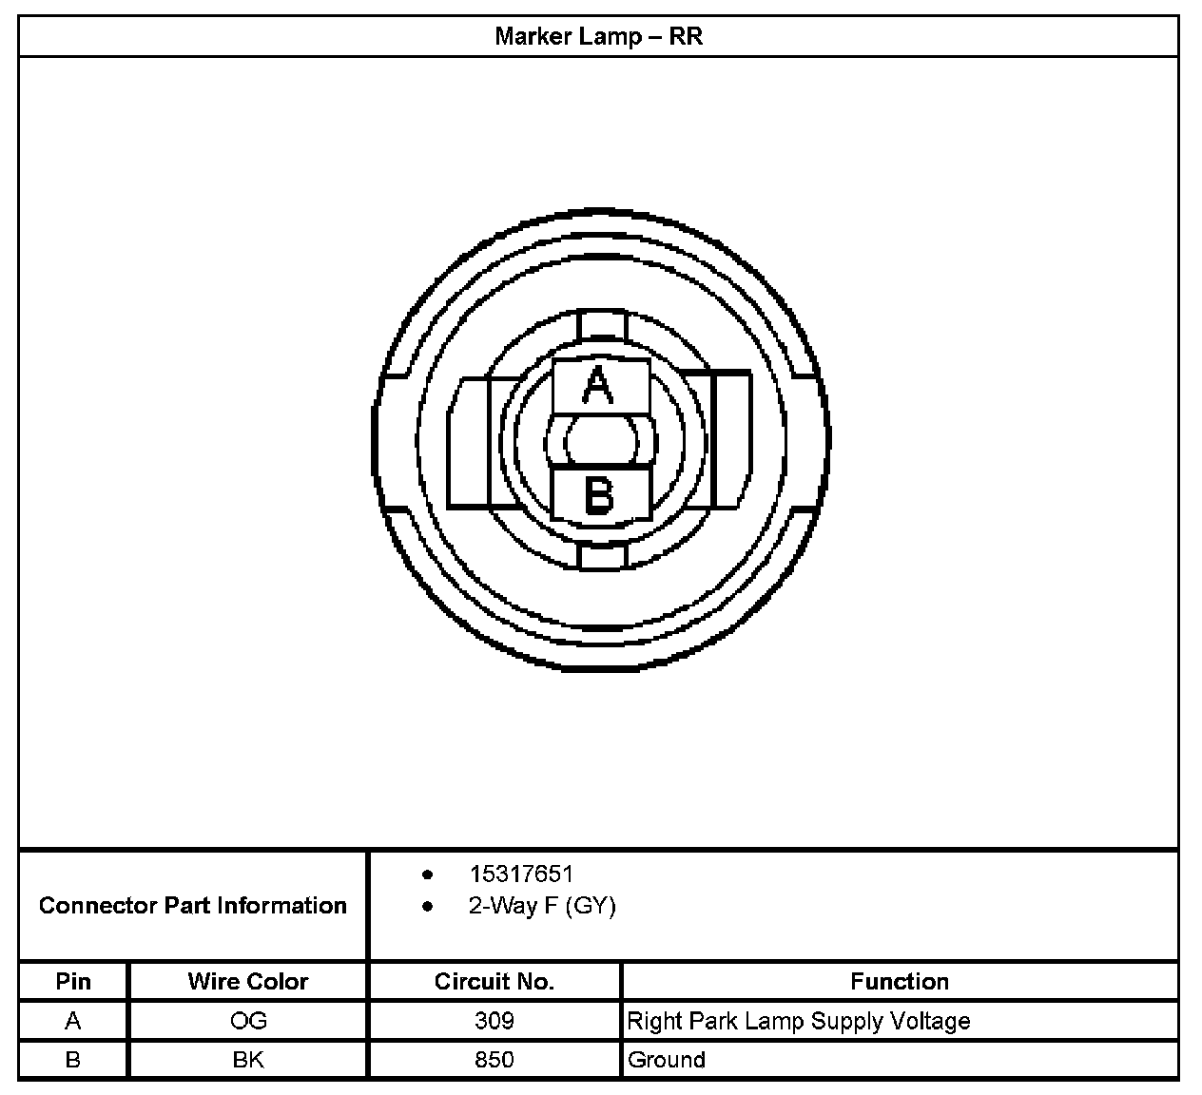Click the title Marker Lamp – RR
click(598, 36)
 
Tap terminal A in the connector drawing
click(600, 386)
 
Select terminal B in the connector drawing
click(600, 495)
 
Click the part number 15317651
click(521, 874)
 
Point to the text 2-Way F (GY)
click(542, 906)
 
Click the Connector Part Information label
click(193, 906)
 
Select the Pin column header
click(73, 982)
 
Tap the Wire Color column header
click(248, 982)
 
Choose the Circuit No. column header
click(494, 982)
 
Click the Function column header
click(900, 982)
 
